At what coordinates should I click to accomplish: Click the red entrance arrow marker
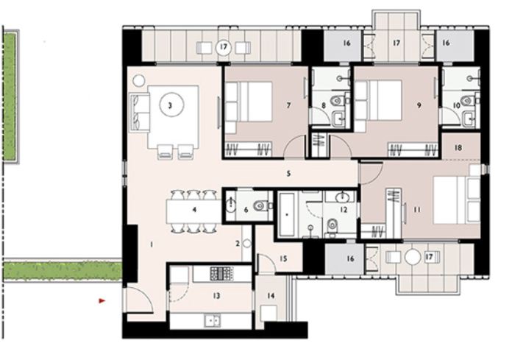[102, 300]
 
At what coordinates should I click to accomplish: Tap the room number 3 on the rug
[170, 105]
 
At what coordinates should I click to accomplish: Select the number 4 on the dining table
[193, 210]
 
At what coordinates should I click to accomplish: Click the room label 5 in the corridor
[289, 174]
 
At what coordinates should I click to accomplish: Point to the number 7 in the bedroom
[288, 106]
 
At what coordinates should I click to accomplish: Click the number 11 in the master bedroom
[416, 210]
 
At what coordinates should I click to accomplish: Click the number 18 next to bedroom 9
[458, 148]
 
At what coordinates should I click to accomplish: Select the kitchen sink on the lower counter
[212, 320]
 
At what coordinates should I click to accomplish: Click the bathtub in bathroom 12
[287, 215]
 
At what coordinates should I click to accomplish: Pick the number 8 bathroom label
[324, 106]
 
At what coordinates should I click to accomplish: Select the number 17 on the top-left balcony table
[223, 49]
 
